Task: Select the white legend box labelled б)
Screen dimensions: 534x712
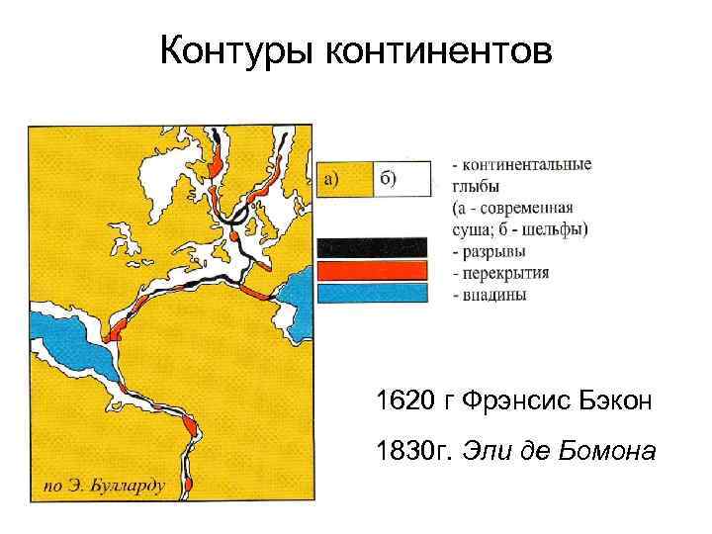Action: tap(401, 179)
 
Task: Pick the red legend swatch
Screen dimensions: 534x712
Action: tap(372, 270)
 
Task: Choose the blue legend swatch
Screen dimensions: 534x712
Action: tap(372, 293)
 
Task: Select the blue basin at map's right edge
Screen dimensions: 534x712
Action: tap(296, 302)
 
